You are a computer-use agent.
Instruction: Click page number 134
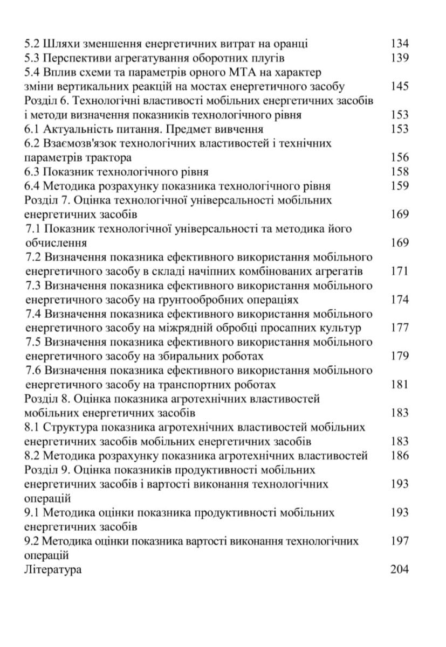point(400,44)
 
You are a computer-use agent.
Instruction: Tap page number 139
point(400,58)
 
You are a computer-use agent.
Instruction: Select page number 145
point(400,87)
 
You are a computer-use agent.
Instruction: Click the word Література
point(53,569)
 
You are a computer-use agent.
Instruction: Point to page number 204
point(400,569)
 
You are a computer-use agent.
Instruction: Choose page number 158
point(400,172)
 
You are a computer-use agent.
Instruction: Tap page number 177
point(400,328)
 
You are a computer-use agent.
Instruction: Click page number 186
point(400,456)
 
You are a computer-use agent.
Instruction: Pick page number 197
point(400,541)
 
